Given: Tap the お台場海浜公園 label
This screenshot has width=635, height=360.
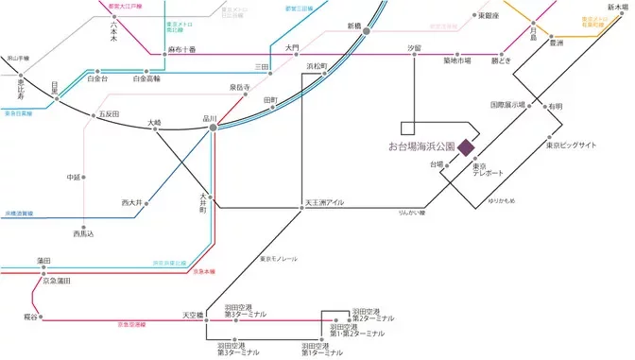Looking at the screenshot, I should (x=421, y=147).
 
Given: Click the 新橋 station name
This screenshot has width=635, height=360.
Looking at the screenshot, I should (x=355, y=26).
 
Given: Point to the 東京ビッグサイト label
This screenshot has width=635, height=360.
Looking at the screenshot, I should (x=572, y=145).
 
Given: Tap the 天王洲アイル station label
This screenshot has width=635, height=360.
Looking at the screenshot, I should (x=326, y=202).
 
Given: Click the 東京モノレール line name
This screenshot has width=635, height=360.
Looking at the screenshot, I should (x=279, y=258).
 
